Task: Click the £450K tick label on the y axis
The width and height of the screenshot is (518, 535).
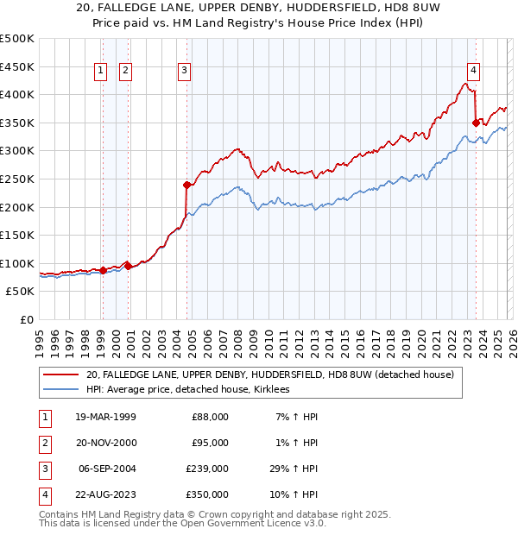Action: (17, 66)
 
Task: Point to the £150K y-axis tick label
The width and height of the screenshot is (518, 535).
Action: (17, 235)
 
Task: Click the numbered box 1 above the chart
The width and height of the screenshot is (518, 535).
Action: (101, 71)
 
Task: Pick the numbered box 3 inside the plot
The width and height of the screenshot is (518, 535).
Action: (185, 71)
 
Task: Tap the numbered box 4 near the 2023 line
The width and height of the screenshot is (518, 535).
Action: (474, 71)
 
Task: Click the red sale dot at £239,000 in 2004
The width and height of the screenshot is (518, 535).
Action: (186, 185)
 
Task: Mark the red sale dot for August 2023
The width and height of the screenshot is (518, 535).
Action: (476, 123)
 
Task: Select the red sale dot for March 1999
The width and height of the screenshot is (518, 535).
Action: (103, 270)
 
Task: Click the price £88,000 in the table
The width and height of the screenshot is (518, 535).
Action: (210, 417)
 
